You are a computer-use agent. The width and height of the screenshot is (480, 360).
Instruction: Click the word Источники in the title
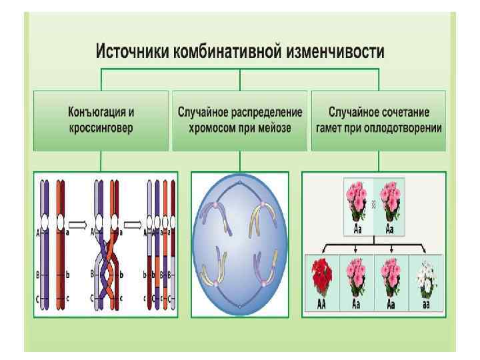point(133,51)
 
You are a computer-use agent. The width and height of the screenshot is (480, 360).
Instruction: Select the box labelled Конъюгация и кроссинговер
point(100,120)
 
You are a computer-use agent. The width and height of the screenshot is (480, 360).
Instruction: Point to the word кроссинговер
point(100,127)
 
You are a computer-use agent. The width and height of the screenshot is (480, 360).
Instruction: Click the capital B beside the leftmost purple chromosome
point(37,273)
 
